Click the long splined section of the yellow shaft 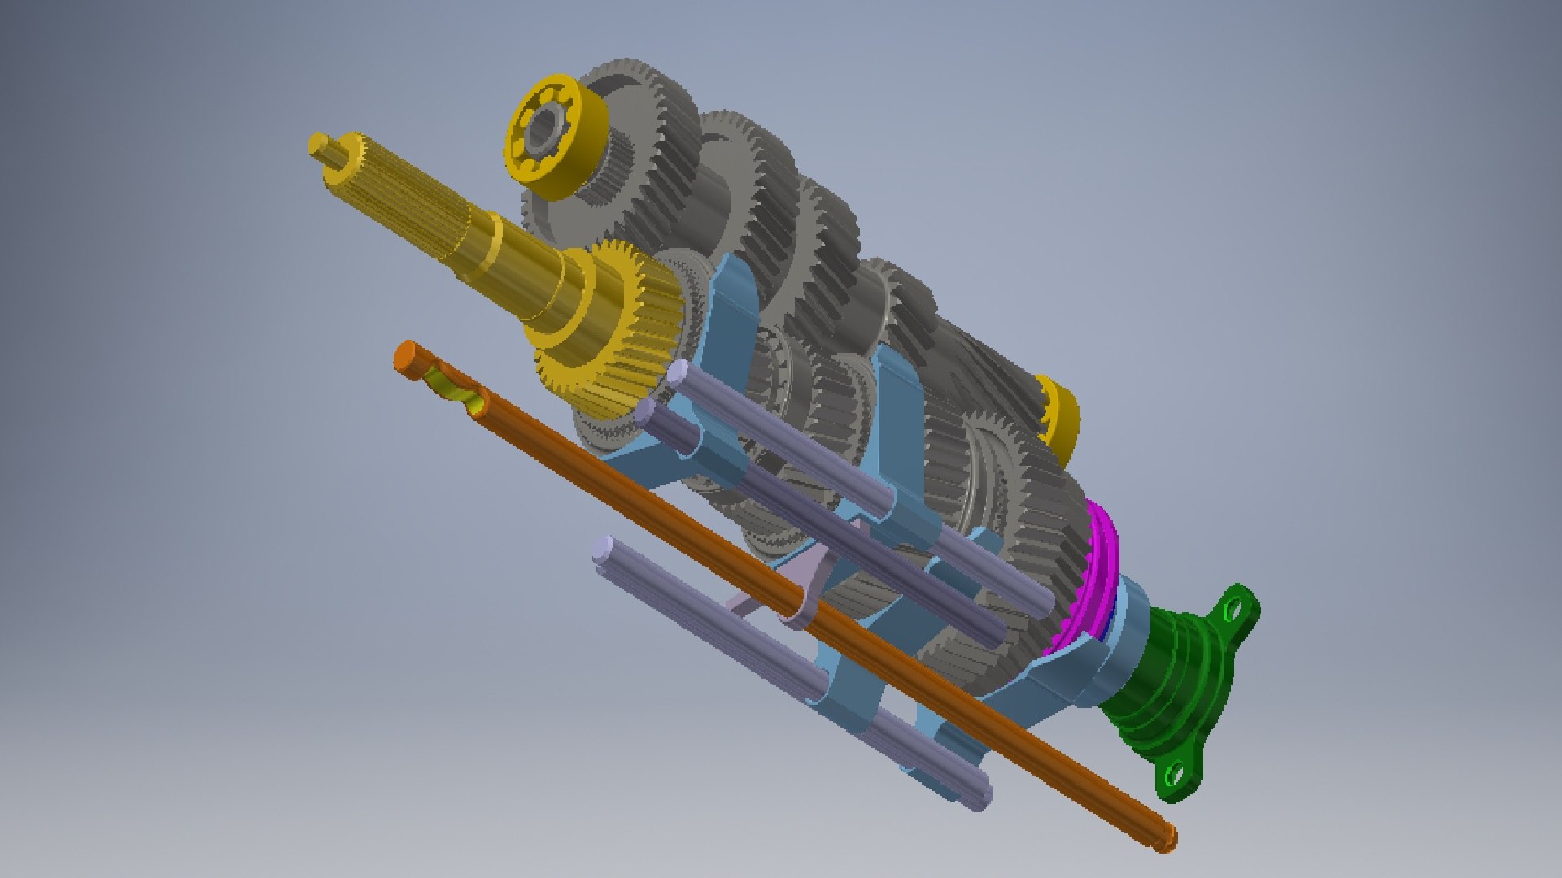coord(407,195)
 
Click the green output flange coord(1171,691)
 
